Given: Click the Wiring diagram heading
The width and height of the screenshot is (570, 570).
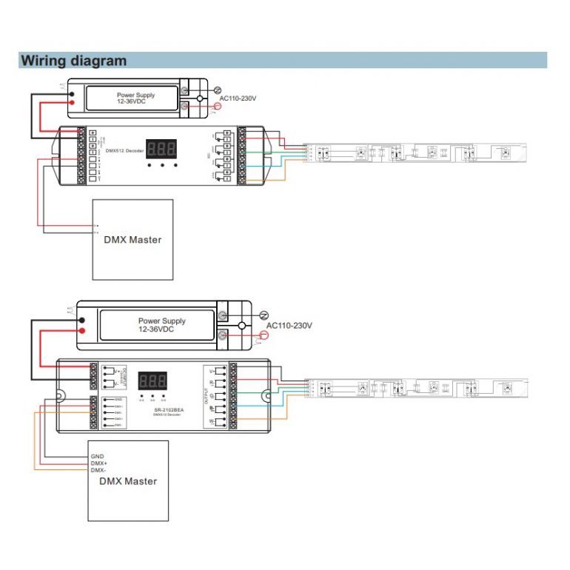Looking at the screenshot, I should [73, 61].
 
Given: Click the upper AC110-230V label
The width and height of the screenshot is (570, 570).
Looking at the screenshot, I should [238, 98].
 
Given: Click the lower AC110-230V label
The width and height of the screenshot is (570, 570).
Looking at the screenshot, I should [289, 325].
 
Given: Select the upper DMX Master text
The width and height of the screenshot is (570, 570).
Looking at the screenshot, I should [133, 239].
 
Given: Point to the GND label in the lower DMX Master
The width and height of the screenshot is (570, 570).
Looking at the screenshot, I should [98, 456].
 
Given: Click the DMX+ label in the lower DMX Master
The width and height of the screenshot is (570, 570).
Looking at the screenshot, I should [99, 463].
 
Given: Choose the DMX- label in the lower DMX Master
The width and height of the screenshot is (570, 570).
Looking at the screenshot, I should [99, 471].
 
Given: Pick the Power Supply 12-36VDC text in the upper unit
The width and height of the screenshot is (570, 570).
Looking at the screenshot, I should [135, 98].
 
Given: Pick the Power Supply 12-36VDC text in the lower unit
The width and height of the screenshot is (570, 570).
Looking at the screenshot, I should [161, 325].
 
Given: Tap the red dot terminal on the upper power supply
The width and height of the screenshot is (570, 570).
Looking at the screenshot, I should [72, 102].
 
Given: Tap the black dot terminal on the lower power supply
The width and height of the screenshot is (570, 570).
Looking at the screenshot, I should [82, 319].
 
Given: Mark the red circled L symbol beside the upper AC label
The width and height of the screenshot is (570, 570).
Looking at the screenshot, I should [216, 107].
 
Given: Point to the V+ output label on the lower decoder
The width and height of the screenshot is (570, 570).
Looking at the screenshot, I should [212, 371].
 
